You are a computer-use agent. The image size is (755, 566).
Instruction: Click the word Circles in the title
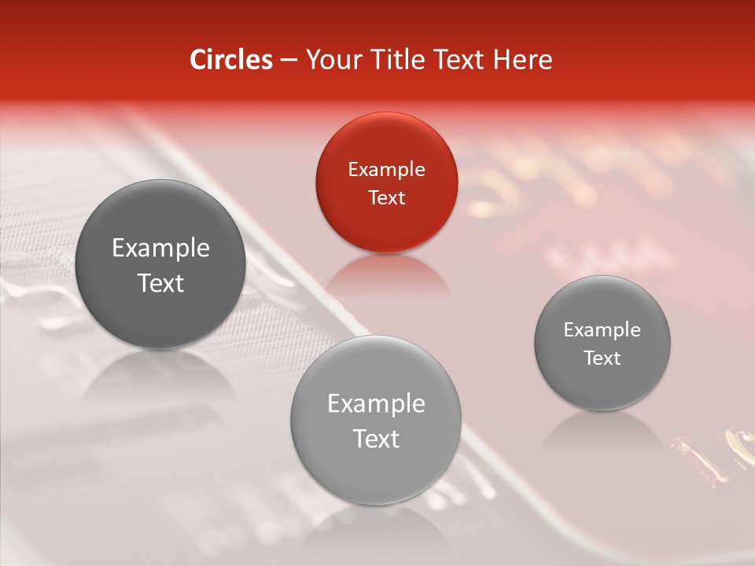tap(230, 60)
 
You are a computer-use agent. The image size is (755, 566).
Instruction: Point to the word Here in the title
tap(524, 60)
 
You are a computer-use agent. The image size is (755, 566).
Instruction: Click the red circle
tap(386, 182)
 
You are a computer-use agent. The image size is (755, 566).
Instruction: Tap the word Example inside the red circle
tap(386, 169)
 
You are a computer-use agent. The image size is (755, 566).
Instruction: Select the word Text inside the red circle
tap(386, 197)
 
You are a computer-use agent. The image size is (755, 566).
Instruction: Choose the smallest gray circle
tap(602, 343)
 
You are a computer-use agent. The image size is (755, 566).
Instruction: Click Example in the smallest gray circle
tap(602, 329)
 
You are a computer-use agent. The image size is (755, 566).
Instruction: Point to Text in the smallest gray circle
tap(602, 358)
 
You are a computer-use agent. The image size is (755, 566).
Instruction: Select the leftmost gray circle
tap(160, 265)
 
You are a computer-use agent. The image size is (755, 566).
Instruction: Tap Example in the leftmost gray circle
tap(160, 248)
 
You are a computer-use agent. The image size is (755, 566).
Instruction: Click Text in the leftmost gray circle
tap(160, 283)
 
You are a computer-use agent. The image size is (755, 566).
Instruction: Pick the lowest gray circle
tap(376, 421)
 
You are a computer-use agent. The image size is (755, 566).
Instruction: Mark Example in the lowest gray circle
tap(376, 404)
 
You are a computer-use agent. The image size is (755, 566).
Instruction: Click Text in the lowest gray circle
tap(376, 439)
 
